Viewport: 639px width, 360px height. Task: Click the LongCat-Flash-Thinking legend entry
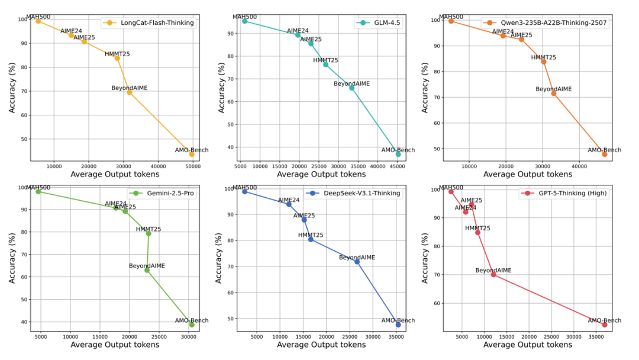point(151,23)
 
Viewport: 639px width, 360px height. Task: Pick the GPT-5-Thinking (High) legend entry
point(565,193)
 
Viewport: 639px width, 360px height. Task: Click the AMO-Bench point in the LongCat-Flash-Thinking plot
point(192,154)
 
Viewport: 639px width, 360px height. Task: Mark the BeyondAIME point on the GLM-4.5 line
point(351,88)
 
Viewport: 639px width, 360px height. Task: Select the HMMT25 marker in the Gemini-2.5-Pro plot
point(149,233)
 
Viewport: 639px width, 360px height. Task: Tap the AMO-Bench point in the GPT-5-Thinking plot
point(604,324)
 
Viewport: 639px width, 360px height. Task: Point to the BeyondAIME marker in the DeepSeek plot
point(357,262)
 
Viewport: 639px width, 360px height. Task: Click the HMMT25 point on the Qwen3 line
point(544,62)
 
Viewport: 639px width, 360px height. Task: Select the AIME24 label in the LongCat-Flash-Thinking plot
point(71,31)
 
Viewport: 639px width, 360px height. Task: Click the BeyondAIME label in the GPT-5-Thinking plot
point(493,270)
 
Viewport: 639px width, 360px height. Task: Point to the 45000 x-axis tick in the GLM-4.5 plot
point(398,165)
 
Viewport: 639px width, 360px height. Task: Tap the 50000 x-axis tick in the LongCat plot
point(193,166)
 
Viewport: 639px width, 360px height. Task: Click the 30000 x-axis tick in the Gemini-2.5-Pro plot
point(188,336)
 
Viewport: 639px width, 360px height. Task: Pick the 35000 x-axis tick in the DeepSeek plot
point(397,336)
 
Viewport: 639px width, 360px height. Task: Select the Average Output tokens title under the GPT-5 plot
point(527,345)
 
